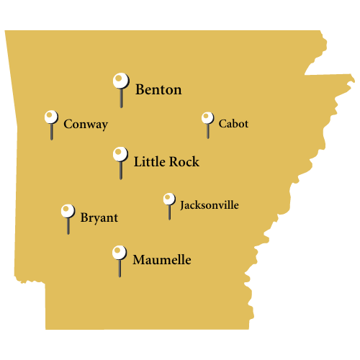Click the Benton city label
point(158,90)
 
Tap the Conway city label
point(86,125)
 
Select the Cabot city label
point(233,124)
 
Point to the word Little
point(149,162)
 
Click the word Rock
point(184,162)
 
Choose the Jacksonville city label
point(209,205)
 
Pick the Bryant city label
point(99,217)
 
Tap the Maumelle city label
point(162,259)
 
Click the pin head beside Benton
point(120,80)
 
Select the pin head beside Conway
point(51,117)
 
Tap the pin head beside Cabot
point(207,117)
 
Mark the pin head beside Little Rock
point(120,153)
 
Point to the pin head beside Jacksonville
point(169,199)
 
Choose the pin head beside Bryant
point(68,211)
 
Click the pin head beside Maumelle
point(120,252)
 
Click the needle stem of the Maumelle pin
point(120,269)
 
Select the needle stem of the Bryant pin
point(68,226)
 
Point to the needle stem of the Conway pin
point(52,132)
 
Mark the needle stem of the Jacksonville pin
point(170,212)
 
